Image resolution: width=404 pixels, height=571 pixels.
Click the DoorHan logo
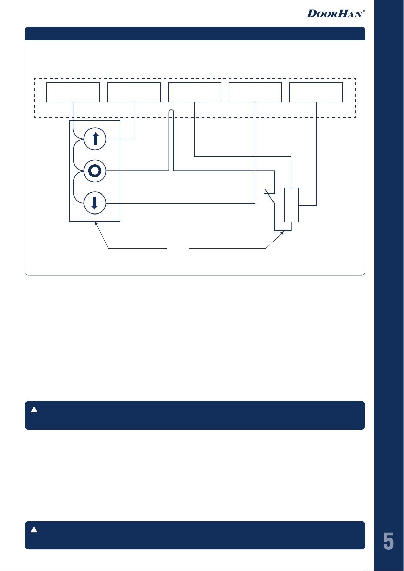[x=335, y=14]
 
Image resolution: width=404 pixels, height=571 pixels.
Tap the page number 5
[x=388, y=541]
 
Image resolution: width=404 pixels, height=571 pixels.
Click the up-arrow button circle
[x=95, y=139]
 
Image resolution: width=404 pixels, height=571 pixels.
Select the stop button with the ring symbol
[x=95, y=171]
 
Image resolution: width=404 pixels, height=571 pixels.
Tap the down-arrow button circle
[x=95, y=203]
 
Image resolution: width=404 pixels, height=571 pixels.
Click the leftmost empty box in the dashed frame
[x=73, y=92]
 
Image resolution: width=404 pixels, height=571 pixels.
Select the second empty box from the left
[x=134, y=92]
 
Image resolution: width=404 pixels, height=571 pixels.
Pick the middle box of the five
[x=195, y=92]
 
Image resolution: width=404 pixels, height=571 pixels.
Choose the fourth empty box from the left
[x=255, y=92]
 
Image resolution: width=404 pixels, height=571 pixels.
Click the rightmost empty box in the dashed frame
[x=316, y=92]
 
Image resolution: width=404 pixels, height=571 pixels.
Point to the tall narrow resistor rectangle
[x=291, y=205]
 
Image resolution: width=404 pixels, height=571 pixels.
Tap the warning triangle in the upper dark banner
[x=34, y=410]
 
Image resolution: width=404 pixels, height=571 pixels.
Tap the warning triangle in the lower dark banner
[x=34, y=530]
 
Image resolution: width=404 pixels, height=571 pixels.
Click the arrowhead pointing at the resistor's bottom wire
[x=283, y=233]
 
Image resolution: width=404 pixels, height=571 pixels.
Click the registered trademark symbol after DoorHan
[x=364, y=11]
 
